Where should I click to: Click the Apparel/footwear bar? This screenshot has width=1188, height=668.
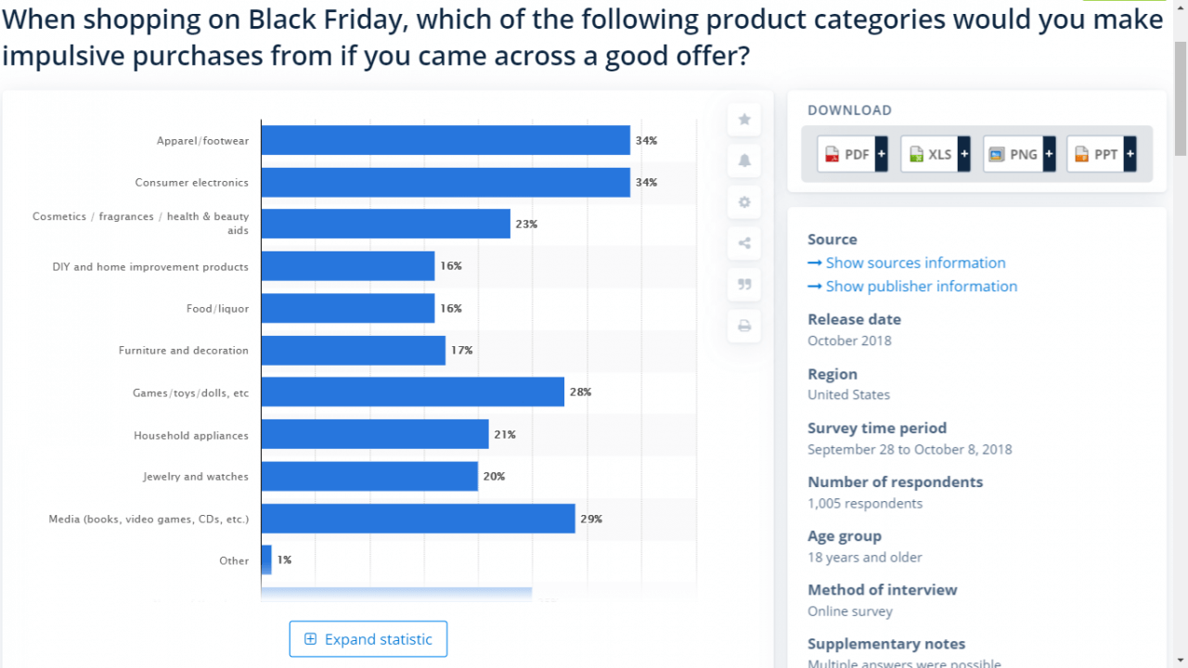(445, 140)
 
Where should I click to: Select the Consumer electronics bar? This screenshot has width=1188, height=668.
(445, 182)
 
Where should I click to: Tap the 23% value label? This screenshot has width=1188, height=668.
(526, 224)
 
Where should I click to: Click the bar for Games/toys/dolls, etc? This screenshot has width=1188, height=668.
(412, 392)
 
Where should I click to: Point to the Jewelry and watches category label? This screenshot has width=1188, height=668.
(195, 476)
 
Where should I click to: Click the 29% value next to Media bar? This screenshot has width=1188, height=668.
(591, 519)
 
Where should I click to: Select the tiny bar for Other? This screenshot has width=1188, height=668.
(266, 559)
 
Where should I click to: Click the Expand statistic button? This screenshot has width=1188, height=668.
(368, 639)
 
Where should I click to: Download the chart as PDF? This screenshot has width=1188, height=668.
(852, 154)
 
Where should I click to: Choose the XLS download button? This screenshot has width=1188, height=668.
(935, 154)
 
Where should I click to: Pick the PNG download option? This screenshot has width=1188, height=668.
(1018, 154)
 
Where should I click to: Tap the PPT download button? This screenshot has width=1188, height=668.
(1101, 154)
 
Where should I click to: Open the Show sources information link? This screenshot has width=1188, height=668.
(915, 263)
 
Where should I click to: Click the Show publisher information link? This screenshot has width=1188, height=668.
(921, 286)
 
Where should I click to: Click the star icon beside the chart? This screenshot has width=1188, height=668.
(744, 120)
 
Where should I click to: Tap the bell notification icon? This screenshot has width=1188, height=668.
(744, 161)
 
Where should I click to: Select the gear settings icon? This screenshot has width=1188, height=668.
(744, 202)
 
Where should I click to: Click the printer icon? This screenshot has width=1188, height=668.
(744, 326)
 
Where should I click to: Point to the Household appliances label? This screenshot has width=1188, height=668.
(190, 435)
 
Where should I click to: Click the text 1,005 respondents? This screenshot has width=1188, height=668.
(865, 503)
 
